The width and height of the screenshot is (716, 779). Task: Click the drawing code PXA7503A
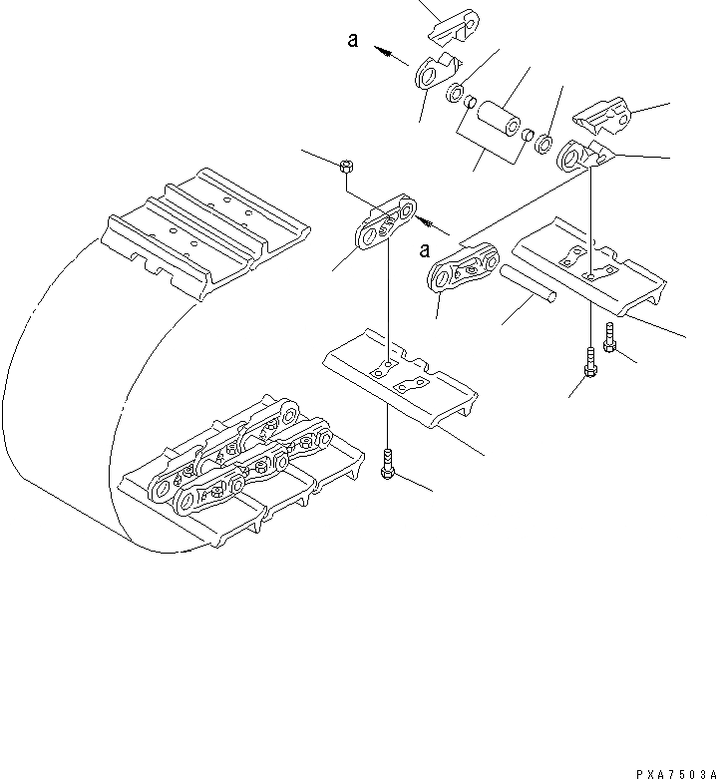pos(673,772)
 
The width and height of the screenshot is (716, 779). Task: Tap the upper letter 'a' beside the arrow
pos(353,41)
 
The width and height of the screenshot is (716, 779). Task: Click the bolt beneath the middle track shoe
pos(387,466)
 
